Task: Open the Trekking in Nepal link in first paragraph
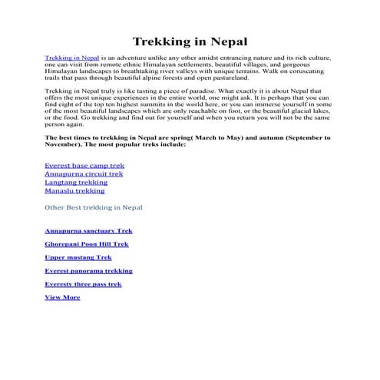coord(71,58)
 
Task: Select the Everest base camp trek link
coord(84,165)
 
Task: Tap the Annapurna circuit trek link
coord(84,173)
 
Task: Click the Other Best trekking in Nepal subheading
coord(93,207)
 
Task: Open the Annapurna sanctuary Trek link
coord(88,230)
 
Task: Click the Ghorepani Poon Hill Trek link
coord(87,244)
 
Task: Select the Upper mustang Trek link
coord(78,257)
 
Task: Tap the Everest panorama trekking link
coord(88,270)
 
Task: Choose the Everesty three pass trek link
coord(83,284)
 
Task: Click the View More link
coord(62,297)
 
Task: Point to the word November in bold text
coord(63,144)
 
